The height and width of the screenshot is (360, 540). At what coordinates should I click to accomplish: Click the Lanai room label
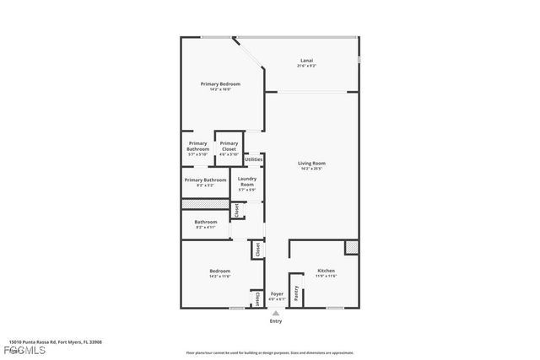[x=307, y=61]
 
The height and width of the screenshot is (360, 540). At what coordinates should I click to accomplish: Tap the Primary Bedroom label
[x=219, y=84]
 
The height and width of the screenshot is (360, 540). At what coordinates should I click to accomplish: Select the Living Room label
[x=311, y=164]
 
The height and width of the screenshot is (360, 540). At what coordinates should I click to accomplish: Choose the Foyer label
[x=277, y=295]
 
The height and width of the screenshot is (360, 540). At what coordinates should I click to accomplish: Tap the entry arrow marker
[x=275, y=312]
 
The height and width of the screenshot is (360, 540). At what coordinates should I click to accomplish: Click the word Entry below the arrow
[x=275, y=321]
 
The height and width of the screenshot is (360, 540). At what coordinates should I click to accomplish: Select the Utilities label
[x=253, y=159]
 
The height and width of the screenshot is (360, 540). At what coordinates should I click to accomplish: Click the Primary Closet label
[x=229, y=146]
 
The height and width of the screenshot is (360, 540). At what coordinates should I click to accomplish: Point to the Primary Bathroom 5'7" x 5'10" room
[x=197, y=147]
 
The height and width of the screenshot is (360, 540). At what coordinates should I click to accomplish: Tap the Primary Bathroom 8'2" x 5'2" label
[x=205, y=180]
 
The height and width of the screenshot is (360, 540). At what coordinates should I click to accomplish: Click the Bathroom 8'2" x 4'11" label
[x=206, y=224]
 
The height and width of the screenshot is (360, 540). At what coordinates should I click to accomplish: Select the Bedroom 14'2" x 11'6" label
[x=219, y=272]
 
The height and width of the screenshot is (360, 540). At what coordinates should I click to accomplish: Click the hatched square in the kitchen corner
[x=352, y=248]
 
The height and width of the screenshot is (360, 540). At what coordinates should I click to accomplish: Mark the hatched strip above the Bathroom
[x=205, y=204]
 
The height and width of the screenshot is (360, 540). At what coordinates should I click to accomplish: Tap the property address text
[x=51, y=341]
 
